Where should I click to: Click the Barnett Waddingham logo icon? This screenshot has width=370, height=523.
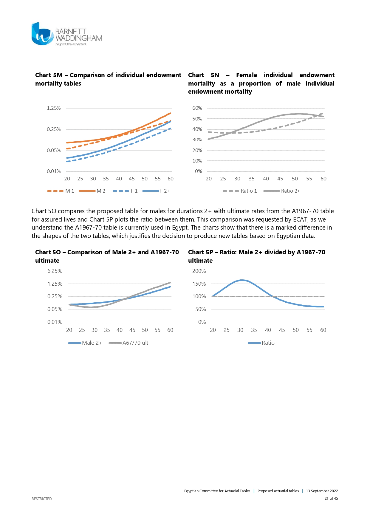(42, 34)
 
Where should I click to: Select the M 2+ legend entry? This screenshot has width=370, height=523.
(94, 191)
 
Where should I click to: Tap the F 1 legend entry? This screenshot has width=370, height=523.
(126, 191)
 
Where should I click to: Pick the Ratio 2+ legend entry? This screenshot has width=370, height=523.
(282, 191)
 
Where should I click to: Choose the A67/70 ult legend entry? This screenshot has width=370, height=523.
(129, 343)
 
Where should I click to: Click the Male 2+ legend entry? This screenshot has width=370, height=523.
(85, 343)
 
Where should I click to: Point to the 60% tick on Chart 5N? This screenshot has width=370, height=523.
(197, 108)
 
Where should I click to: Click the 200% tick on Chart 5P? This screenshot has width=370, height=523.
(199, 271)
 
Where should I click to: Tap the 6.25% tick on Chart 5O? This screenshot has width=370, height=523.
(55, 271)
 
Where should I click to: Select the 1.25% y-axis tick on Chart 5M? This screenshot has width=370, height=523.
(54, 108)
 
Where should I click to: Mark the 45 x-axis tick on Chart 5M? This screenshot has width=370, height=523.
(132, 179)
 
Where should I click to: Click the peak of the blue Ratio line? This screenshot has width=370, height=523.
(242, 280)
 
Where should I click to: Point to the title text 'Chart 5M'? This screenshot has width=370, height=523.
(49, 75)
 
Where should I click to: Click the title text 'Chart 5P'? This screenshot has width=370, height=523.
(200, 252)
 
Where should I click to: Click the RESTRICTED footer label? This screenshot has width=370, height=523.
(42, 499)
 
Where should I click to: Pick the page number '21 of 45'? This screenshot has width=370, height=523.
(331, 498)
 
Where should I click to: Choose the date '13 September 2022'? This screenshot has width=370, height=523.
(322, 491)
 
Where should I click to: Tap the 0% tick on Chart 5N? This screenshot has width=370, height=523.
(199, 171)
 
